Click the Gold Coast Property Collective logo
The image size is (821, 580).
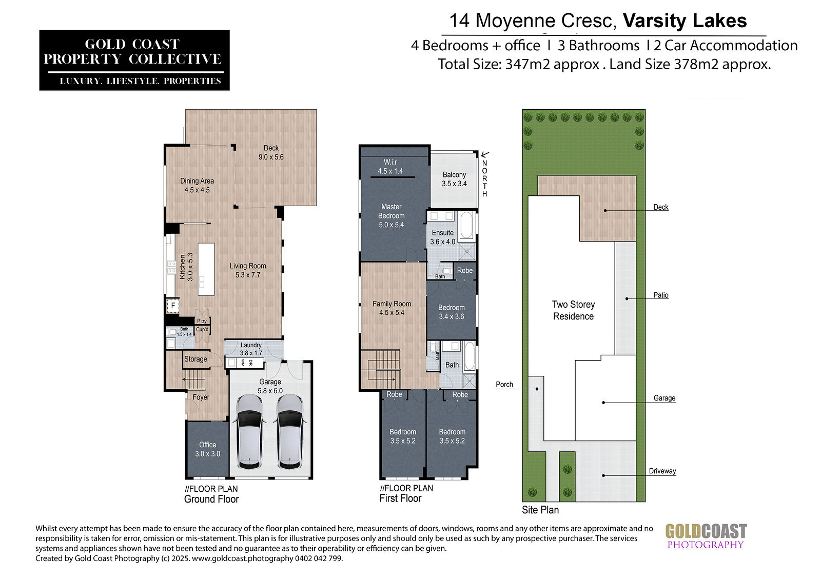click(x=134, y=60)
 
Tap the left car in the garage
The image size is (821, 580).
click(x=249, y=432)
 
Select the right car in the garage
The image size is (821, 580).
click(x=290, y=432)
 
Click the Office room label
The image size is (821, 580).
click(x=207, y=449)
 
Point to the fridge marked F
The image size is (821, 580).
click(x=173, y=306)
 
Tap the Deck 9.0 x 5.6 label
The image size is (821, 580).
click(x=271, y=152)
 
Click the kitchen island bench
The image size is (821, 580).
click(x=206, y=269)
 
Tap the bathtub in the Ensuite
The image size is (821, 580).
click(x=466, y=225)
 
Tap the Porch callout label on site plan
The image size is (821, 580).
click(x=504, y=384)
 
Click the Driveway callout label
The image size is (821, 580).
click(x=662, y=471)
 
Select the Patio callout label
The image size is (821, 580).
click(x=661, y=295)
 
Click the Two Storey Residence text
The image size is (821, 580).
click(x=574, y=310)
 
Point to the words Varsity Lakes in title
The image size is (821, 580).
click(x=685, y=21)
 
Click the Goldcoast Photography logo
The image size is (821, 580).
click(x=706, y=536)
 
